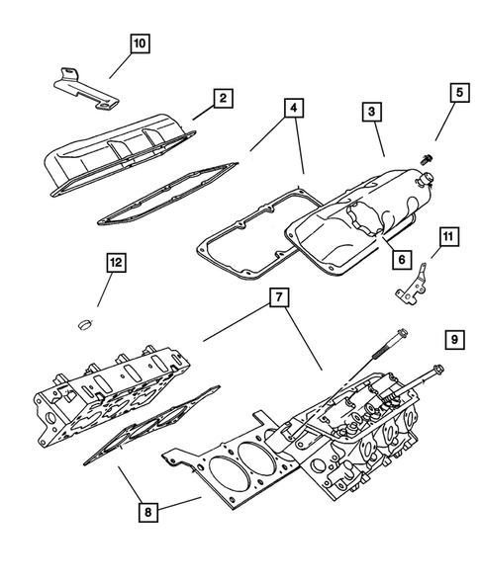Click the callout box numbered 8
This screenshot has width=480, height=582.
[x=148, y=512]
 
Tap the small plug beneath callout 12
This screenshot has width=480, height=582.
[x=86, y=322]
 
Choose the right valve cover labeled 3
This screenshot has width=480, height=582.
[x=366, y=212]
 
